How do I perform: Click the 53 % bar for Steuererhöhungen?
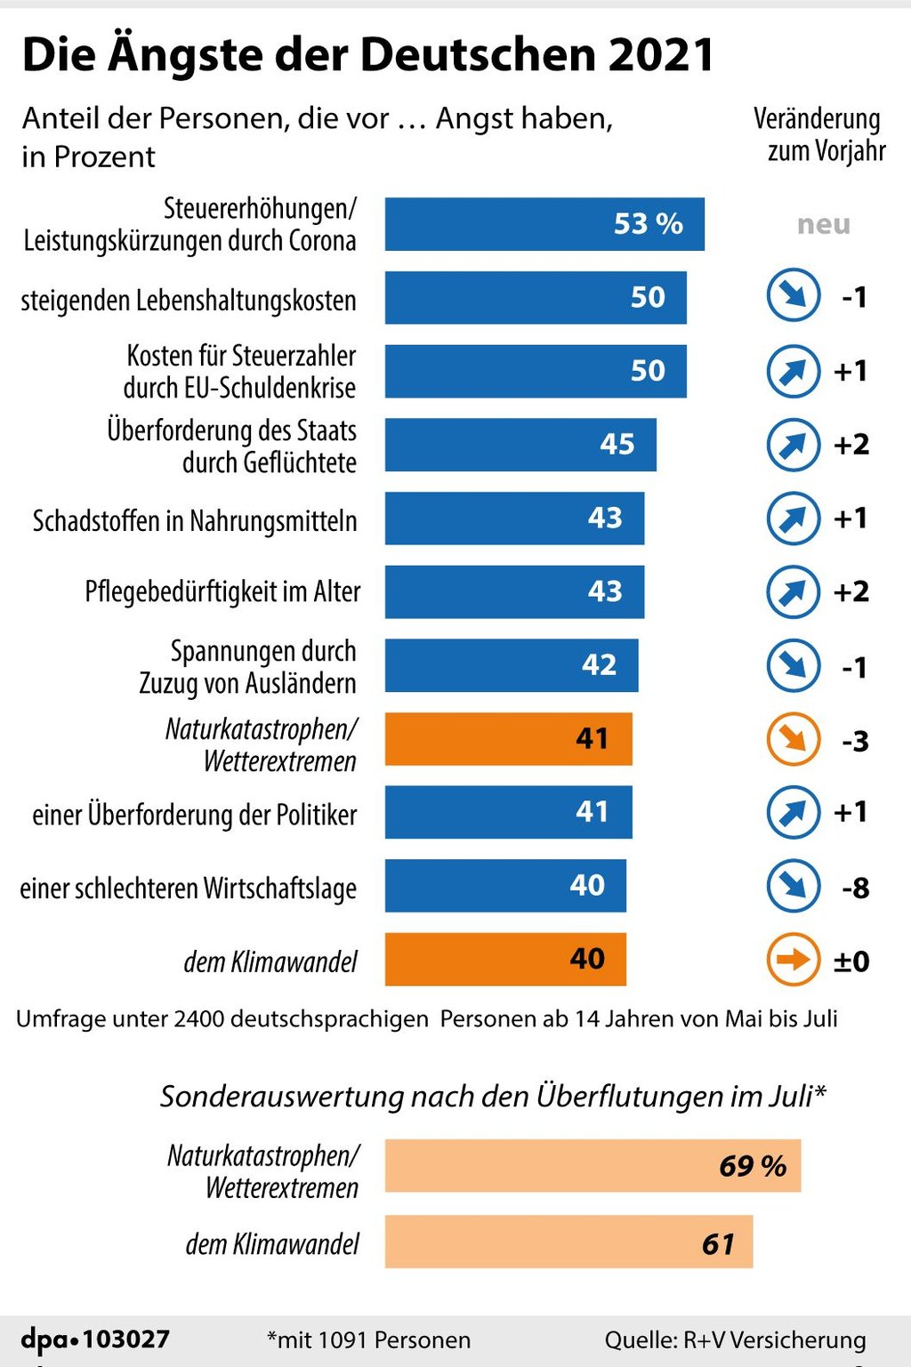(544, 224)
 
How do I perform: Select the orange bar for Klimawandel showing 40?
(504, 959)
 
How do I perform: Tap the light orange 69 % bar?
(592, 1165)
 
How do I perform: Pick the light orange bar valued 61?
(568, 1242)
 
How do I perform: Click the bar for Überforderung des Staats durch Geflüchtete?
(520, 445)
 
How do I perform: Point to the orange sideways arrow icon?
(793, 960)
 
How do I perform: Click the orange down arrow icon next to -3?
(793, 739)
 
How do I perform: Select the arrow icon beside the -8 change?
(793, 886)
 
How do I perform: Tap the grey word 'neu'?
(823, 224)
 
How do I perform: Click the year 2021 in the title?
(661, 55)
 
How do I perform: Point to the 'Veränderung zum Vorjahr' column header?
(819, 134)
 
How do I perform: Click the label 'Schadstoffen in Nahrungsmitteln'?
(195, 520)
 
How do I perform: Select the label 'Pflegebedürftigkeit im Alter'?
(222, 591)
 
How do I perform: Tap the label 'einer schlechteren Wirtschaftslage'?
(189, 888)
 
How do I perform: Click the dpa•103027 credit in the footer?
(95, 1339)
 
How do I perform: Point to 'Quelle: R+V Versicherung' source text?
(735, 1339)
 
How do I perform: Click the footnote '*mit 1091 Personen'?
(368, 1339)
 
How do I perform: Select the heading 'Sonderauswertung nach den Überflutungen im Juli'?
(493, 1096)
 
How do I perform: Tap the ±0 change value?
(851, 961)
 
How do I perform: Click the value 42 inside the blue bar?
(599, 664)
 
